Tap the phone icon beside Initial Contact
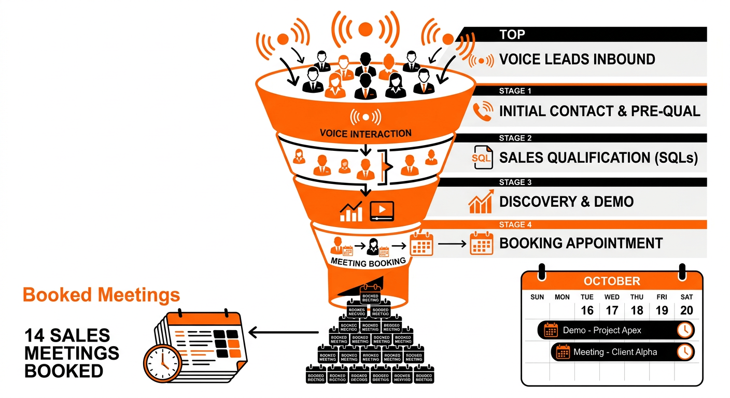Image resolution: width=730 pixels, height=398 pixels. point(482,111)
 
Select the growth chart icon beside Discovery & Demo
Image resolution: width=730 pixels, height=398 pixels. point(480,203)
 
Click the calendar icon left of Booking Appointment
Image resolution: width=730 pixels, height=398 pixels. point(481,244)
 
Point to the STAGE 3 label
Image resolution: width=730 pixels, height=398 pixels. point(515,182)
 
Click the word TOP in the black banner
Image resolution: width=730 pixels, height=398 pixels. point(512,35)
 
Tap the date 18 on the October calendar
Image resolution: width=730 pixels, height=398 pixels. point(637,310)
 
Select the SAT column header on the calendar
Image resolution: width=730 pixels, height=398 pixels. point(686,297)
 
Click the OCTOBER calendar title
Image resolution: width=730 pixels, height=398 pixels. point(612,281)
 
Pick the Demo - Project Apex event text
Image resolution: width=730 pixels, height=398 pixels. point(602,330)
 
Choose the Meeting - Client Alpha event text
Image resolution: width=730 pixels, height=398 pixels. point(615,352)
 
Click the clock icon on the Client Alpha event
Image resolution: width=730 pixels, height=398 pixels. point(685,352)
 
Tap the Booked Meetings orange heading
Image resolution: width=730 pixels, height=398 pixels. point(102,295)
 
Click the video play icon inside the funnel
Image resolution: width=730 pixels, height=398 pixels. point(382,210)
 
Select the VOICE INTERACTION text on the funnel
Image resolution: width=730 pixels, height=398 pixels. point(366,133)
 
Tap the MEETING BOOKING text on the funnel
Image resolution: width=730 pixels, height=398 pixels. point(368,262)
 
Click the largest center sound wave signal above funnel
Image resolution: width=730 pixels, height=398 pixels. point(366,29)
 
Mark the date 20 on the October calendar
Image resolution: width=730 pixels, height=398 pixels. point(686,310)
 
